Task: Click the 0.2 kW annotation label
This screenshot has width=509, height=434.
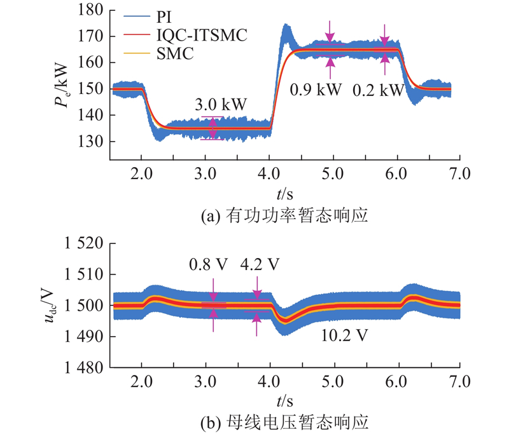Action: [x=378, y=90]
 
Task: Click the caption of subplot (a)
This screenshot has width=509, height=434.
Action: [x=284, y=216]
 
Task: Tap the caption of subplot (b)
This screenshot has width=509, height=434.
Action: [x=284, y=423]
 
